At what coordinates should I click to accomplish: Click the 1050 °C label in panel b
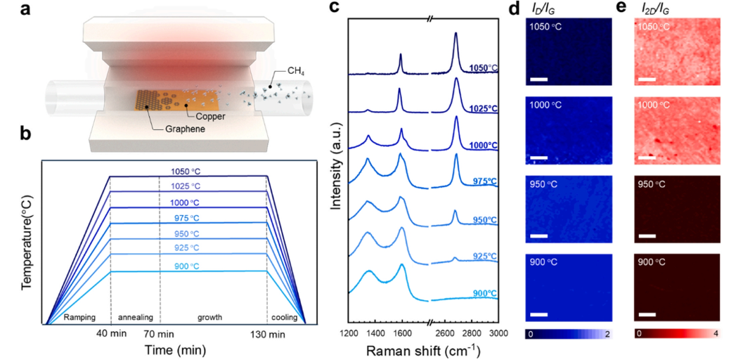coord(187,171)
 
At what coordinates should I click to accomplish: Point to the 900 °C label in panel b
coord(187,266)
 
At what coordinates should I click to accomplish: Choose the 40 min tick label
coord(111,333)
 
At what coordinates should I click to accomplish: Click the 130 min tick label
coord(268,333)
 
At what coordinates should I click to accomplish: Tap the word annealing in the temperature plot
coord(134,317)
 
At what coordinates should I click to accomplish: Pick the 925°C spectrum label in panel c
coord(483,256)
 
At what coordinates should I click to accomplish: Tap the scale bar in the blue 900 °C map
coord(538,314)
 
